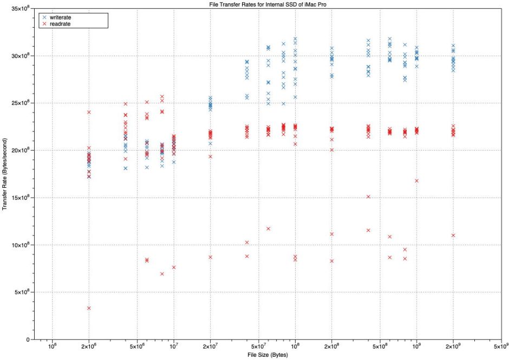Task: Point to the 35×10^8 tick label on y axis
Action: (22, 9)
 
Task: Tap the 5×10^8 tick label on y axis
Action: (24, 292)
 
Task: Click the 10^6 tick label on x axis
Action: (53, 345)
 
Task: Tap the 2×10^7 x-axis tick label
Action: (210, 345)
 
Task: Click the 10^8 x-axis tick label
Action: (295, 345)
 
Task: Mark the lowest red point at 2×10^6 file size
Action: (89, 308)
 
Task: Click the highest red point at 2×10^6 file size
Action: (89, 112)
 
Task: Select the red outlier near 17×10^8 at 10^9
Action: (416, 180)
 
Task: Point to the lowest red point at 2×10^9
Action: (453, 235)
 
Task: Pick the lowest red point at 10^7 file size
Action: (174, 267)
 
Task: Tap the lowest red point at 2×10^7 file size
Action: (210, 257)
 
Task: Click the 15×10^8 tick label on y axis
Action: (22, 198)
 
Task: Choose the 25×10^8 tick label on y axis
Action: (22, 103)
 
